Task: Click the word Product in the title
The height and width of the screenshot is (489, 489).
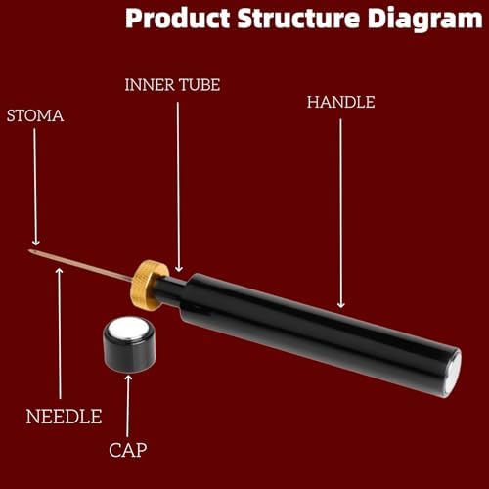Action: pyautogui.click(x=178, y=19)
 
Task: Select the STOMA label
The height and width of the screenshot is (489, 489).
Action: pyautogui.click(x=35, y=116)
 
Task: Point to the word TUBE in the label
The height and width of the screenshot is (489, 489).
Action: pyautogui.click(x=200, y=85)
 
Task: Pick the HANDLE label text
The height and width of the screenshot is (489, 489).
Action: pyautogui.click(x=340, y=102)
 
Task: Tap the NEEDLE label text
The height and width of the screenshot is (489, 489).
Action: pyautogui.click(x=64, y=417)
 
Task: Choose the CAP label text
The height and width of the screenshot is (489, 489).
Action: pyautogui.click(x=128, y=450)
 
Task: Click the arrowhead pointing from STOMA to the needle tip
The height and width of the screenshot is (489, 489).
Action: pyautogui.click(x=35, y=243)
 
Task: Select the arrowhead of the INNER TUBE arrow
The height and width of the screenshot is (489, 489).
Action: pyautogui.click(x=179, y=269)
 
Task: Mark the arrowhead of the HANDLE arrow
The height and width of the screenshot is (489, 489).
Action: pyautogui.click(x=341, y=305)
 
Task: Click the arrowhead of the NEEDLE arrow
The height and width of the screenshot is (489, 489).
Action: pyautogui.click(x=60, y=271)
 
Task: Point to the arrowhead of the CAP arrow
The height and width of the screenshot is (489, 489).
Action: pyautogui.click(x=128, y=378)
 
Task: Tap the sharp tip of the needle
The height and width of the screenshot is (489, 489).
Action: pyautogui.click(x=29, y=250)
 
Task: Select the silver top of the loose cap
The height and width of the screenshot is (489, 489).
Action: pyautogui.click(x=128, y=328)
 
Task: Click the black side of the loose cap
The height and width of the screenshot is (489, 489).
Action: pyautogui.click(x=129, y=355)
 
